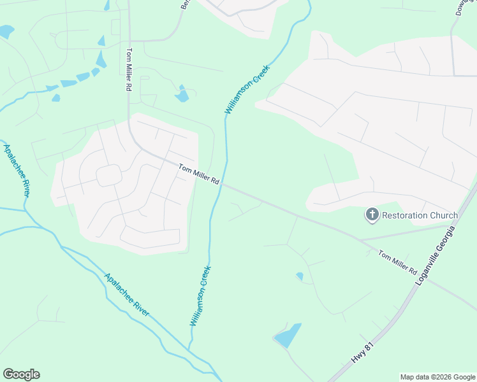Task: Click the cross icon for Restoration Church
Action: [372, 215]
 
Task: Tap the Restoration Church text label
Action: [420, 215]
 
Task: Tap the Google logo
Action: [21, 374]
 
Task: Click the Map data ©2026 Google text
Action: [437, 377]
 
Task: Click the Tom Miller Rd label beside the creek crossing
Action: [199, 174]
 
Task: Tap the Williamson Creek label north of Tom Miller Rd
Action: [247, 90]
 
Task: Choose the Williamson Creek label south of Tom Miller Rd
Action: [200, 296]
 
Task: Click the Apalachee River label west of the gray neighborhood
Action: [17, 171]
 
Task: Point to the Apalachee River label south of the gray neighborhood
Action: [127, 295]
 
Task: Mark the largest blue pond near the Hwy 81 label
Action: [288, 336]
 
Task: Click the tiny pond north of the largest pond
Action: [299, 276]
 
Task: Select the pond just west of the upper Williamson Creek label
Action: [182, 95]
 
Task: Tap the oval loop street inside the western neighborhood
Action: [109, 175]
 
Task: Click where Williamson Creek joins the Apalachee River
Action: [189, 348]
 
